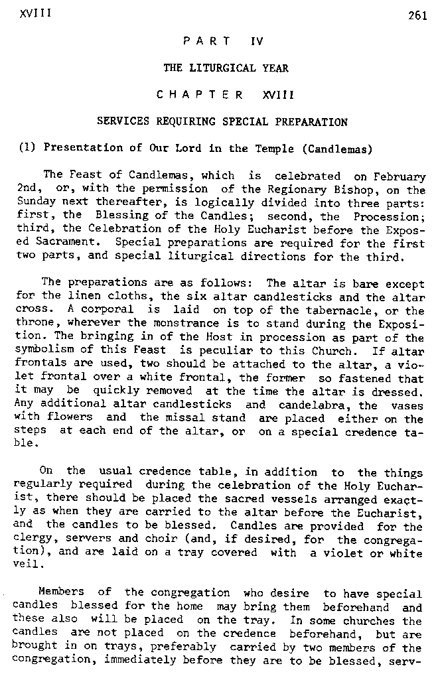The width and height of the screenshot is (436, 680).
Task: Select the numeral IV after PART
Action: pos(257,41)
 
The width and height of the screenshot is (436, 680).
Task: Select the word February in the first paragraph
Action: pos(397,176)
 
